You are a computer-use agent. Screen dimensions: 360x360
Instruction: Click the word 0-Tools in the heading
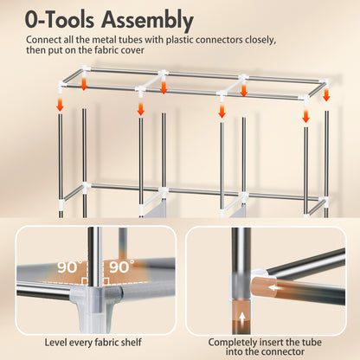point(60,20)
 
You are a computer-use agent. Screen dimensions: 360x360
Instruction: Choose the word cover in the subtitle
point(132,50)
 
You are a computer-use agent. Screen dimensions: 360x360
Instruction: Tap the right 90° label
point(121,267)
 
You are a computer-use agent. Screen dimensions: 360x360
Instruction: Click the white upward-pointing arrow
point(242,318)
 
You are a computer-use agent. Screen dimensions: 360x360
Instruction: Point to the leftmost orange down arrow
point(60,105)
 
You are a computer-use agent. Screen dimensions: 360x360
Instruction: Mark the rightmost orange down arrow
point(326,95)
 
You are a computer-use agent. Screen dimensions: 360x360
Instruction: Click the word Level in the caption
point(55,343)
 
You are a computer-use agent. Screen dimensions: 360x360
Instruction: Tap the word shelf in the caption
point(132,343)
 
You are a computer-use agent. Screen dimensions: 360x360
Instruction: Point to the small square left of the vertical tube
point(85,281)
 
